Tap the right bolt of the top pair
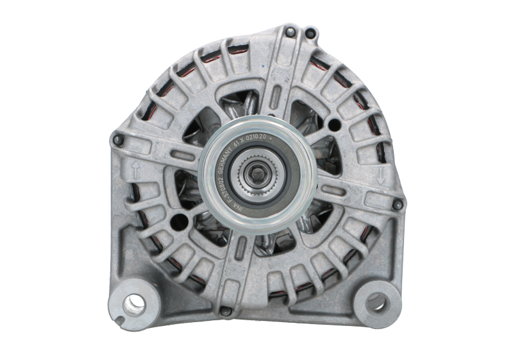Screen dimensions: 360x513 pos(310,31)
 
